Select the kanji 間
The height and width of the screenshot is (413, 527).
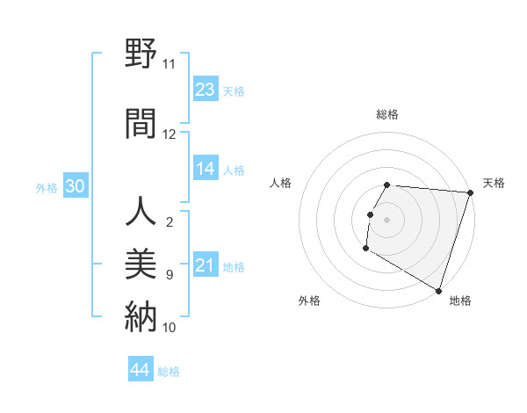(141, 122)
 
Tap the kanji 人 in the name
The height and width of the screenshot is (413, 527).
(141, 213)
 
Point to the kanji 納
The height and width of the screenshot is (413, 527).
(141, 315)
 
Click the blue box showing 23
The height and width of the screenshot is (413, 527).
(206, 90)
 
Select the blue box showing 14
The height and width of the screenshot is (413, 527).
(206, 169)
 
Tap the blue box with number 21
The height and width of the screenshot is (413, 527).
(206, 265)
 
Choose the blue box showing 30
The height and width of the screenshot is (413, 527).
(75, 186)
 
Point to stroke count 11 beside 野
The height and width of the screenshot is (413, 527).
(169, 64)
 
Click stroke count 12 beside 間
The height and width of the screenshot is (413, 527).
(169, 134)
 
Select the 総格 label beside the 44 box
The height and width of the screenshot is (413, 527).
(169, 372)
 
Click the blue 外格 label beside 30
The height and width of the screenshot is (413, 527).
(47, 188)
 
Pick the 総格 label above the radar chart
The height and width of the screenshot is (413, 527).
(387, 114)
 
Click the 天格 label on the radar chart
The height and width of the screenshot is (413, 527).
(494, 183)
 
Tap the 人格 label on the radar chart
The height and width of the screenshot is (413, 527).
(281, 183)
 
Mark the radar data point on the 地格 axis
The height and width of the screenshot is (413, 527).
(438, 290)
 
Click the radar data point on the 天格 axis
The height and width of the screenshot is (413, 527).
(470, 192)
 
